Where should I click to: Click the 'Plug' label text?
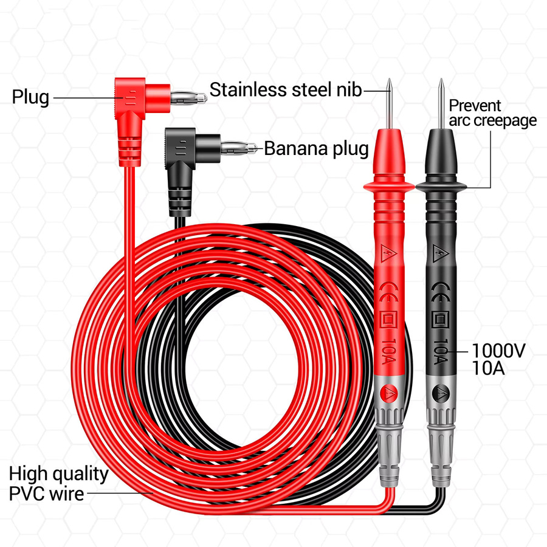[30, 97]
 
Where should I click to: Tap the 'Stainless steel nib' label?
[286, 90]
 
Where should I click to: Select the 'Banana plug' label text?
[316, 149]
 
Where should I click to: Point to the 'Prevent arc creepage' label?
[492, 113]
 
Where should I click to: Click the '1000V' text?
[498, 351]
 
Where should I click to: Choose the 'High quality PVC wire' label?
[58, 484]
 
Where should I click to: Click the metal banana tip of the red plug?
[189, 97]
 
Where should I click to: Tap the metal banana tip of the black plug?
[239, 148]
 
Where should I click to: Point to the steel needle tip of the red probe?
[390, 80]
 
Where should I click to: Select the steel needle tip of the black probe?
[441, 80]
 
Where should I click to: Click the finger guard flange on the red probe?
[389, 187]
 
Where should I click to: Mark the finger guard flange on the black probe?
[441, 187]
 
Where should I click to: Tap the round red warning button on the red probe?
[389, 394]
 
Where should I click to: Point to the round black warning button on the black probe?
[441, 394]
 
